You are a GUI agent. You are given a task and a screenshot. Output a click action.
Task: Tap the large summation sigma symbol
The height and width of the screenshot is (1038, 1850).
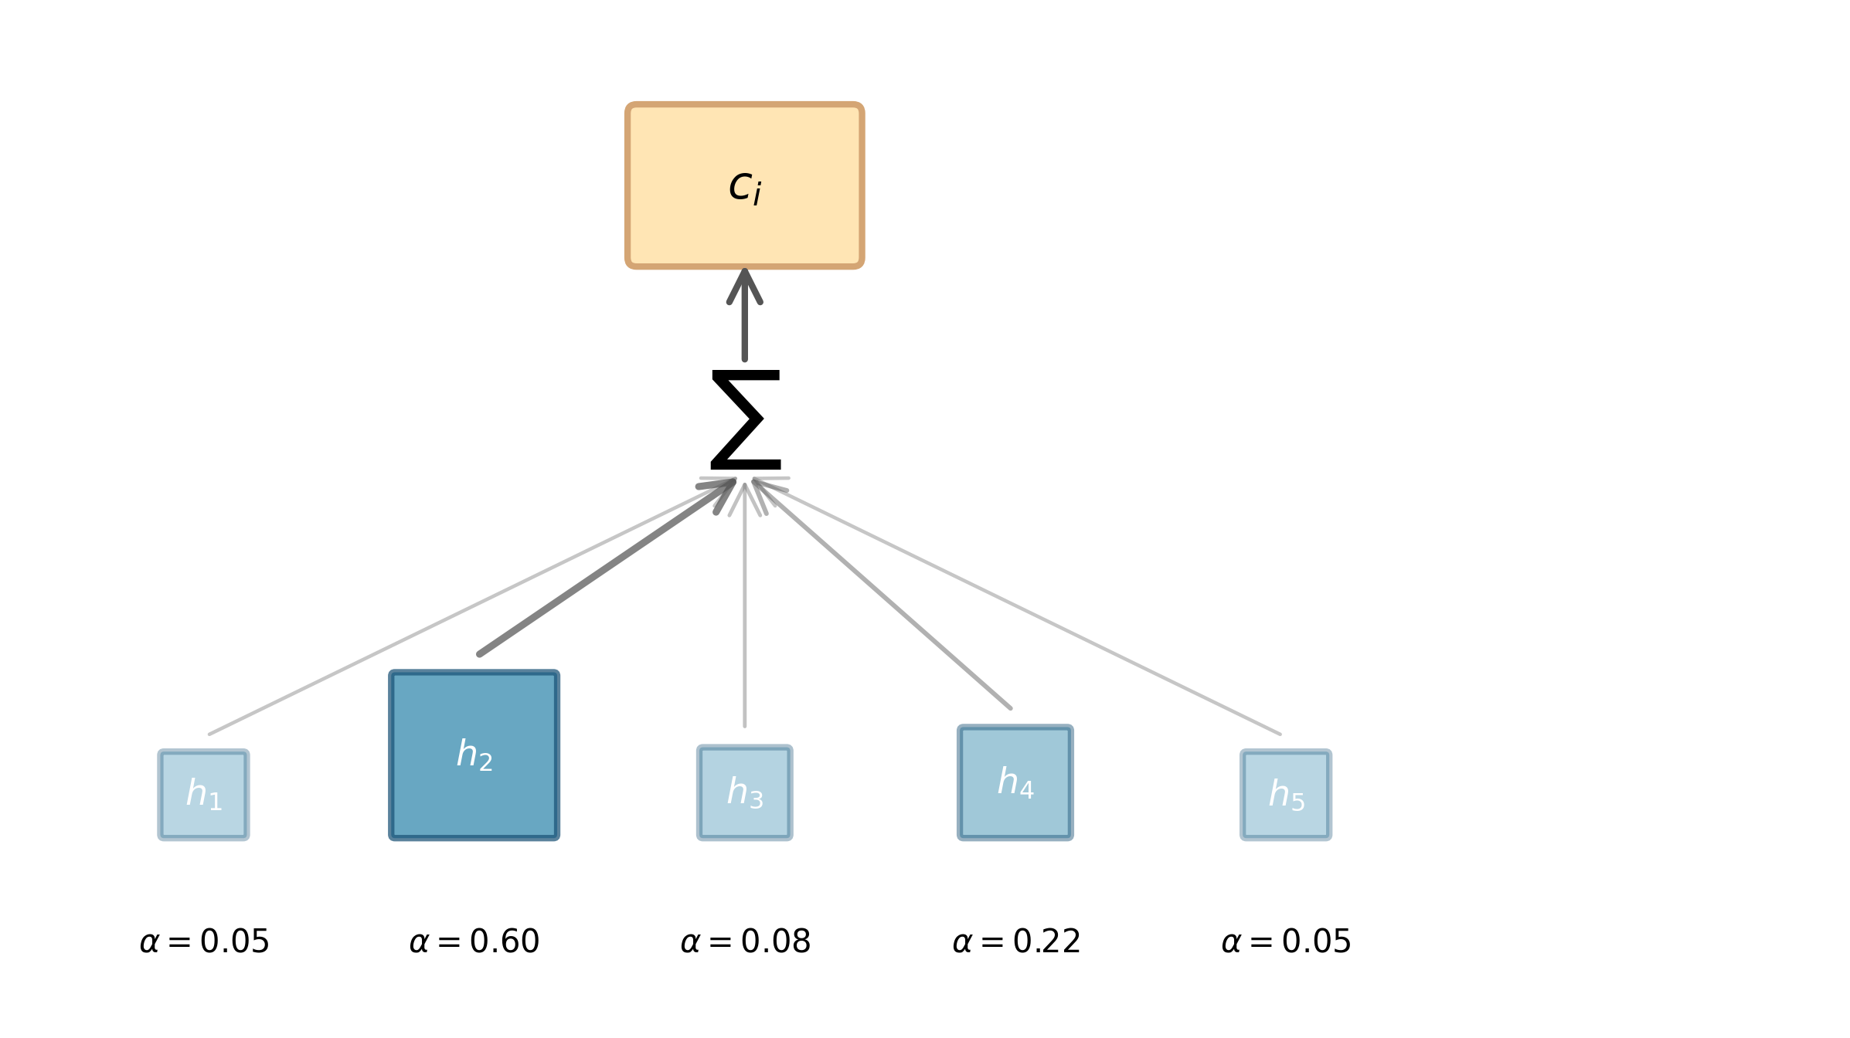coord(745,419)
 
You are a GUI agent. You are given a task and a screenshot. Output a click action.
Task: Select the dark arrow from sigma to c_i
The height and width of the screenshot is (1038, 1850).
coord(744,332)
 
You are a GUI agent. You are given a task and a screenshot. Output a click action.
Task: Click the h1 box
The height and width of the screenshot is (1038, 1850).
coord(203,795)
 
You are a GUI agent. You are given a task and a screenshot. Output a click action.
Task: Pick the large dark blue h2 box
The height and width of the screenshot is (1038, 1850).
coord(474,755)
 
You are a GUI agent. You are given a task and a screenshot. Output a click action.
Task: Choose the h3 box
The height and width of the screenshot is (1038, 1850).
coord(744,792)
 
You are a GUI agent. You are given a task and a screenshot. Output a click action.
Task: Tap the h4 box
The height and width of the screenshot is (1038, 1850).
coord(1015,782)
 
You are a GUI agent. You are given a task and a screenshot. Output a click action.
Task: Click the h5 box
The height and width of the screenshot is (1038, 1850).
coord(1286,795)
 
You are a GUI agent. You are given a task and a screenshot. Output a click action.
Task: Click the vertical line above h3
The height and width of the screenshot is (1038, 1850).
coord(744,618)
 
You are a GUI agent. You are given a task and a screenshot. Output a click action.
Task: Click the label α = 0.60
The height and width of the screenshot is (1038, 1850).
coord(474,941)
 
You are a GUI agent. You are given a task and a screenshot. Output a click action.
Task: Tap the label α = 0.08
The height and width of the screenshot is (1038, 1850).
coord(745,941)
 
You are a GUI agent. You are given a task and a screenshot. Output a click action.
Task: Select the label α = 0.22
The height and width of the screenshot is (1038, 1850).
coord(1015,941)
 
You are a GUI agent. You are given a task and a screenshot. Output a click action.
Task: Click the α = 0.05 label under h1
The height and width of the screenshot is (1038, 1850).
coord(204,941)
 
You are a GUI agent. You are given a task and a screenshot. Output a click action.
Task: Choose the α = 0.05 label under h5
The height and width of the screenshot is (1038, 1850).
coord(1286,941)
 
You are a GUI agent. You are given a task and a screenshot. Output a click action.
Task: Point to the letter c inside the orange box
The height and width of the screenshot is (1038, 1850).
coord(740,186)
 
